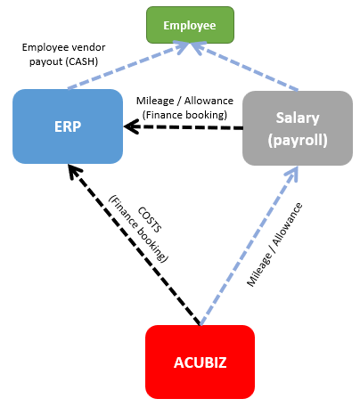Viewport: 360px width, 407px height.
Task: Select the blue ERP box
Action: [67, 126]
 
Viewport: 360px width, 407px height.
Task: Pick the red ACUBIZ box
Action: [200, 361]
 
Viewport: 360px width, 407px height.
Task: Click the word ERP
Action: [67, 126]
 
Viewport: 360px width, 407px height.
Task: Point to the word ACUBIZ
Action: [200, 362]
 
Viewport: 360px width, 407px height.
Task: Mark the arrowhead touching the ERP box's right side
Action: [130, 127]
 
